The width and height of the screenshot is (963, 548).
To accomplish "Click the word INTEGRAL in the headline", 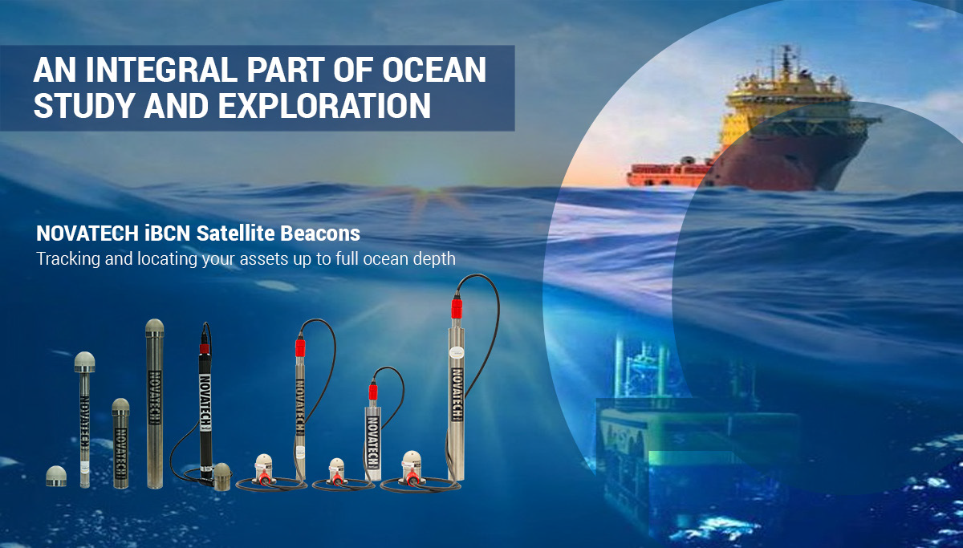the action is point(161,70).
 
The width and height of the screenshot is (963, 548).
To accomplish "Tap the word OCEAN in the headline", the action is point(434,70).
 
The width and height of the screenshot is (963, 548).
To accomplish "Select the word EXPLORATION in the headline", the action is point(324,105).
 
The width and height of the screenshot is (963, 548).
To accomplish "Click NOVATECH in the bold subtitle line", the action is point(87,233).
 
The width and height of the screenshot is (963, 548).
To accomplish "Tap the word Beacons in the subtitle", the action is point(320,233).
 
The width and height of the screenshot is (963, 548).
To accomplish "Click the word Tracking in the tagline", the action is point(68,259).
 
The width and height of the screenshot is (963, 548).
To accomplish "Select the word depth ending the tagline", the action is point(434,259).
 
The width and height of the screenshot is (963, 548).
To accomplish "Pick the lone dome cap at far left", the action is point(56,477).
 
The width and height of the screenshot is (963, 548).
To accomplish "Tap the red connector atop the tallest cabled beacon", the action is point(457,307).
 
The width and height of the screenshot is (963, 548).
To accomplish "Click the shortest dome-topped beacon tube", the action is point(121,444).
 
